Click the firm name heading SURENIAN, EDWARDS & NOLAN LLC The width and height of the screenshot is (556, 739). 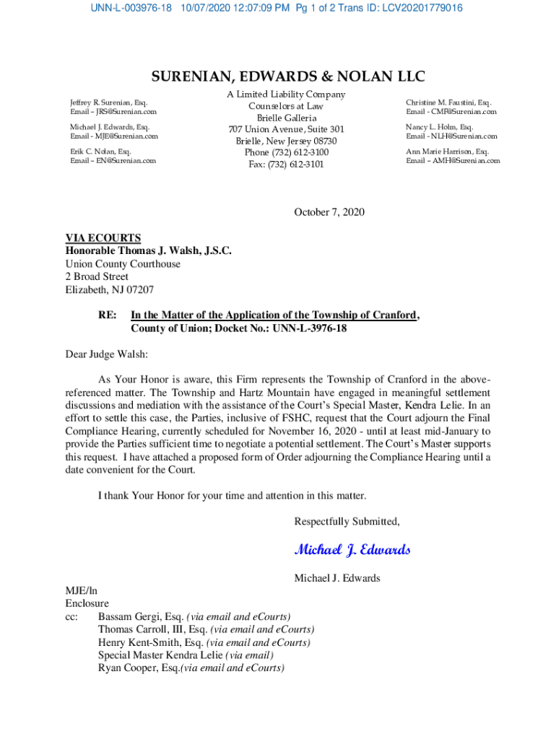click(287, 77)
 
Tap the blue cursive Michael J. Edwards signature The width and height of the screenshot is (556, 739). click(352, 550)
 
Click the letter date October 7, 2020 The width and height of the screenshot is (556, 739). click(329, 212)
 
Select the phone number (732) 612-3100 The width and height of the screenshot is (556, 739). click(286, 152)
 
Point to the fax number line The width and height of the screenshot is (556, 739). click(286, 164)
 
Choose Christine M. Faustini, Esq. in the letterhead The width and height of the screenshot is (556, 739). click(448, 102)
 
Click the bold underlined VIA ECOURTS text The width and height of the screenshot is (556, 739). click(103, 238)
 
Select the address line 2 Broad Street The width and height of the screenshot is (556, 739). click(97, 276)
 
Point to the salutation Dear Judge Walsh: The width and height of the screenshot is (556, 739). click(106, 354)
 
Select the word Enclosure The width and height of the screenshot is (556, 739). click(87, 603)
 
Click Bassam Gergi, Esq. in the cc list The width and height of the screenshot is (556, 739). click(141, 616)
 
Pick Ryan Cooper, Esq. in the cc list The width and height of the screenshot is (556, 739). click(139, 668)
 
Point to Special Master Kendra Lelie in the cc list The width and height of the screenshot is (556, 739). click(160, 655)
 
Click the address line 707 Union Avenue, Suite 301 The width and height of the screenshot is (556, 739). click(286, 129)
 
